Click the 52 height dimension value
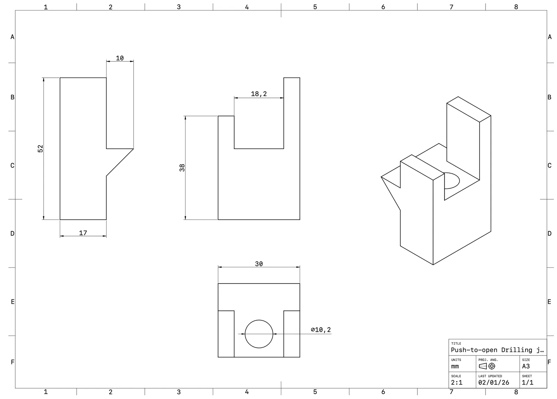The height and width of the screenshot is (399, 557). click(x=40, y=148)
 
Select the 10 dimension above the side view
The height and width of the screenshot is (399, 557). click(x=120, y=58)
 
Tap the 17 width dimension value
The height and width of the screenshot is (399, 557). click(x=83, y=233)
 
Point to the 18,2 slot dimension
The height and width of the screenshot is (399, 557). click(x=259, y=94)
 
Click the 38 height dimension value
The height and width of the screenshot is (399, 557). click(x=182, y=168)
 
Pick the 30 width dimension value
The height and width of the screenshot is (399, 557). click(x=259, y=264)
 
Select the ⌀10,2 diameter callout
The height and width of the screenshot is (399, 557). click(x=321, y=330)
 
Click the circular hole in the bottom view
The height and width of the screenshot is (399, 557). click(x=259, y=320)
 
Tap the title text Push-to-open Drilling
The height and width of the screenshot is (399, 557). click(x=491, y=350)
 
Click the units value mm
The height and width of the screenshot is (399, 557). click(x=455, y=366)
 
